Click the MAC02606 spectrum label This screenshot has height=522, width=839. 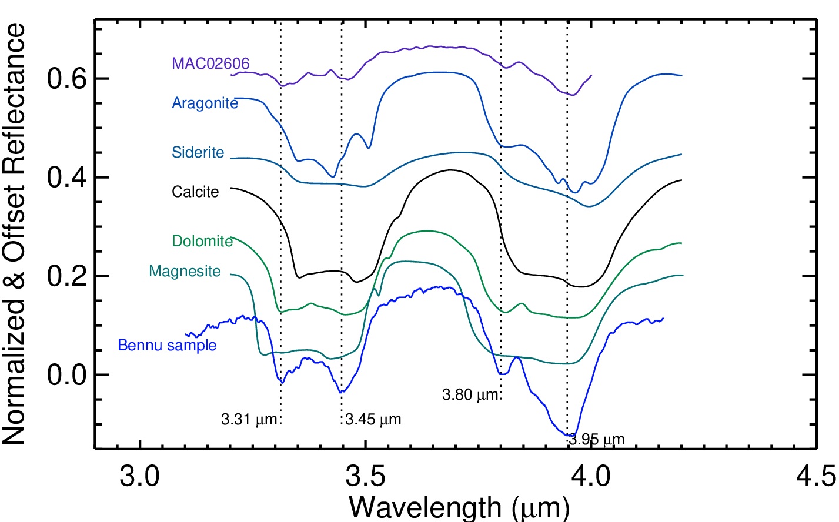tap(210, 63)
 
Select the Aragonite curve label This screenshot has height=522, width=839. tap(205, 103)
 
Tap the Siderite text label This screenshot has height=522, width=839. tap(198, 153)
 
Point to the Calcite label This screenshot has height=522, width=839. tap(195, 192)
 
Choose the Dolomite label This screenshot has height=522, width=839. tap(202, 241)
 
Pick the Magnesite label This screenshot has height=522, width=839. tap(185, 272)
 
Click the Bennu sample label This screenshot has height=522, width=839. tap(167, 346)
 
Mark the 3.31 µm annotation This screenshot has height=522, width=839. tap(249, 420)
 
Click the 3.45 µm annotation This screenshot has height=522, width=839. tap(373, 420)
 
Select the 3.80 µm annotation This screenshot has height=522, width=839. tap(471, 395)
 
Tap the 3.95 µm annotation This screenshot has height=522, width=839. tap(597, 439)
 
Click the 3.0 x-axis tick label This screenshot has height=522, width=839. tap(139, 476)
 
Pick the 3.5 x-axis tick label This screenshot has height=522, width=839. tap(366, 476)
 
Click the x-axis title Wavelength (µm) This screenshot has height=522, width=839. tap(459, 507)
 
